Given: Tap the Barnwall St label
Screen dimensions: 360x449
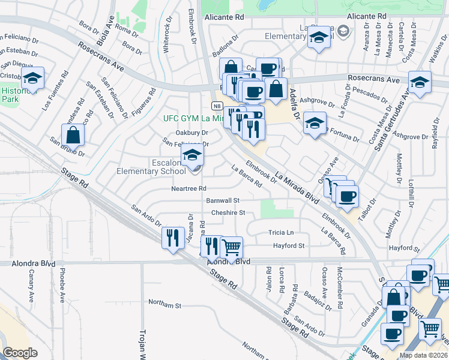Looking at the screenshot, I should [x=223, y=200].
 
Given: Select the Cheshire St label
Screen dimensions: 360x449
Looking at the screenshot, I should [x=228, y=212].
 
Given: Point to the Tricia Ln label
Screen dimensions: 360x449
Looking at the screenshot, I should [x=282, y=233].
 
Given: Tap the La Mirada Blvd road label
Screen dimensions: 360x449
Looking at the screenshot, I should [x=297, y=187].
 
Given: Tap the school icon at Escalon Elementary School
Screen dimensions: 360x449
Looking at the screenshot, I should [x=193, y=155].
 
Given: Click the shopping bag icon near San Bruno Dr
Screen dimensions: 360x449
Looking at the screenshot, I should [x=73, y=135].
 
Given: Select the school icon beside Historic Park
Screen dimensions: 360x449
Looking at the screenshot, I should [x=32, y=78].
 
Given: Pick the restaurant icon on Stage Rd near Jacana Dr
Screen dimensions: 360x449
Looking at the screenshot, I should [x=173, y=237].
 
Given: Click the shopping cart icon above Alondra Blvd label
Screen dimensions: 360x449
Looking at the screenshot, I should [x=231, y=246].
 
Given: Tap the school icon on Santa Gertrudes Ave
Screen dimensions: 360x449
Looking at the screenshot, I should [x=419, y=82].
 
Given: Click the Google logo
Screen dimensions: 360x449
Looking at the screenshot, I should [x=20, y=353].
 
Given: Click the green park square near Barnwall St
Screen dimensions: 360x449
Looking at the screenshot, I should [x=277, y=208].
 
